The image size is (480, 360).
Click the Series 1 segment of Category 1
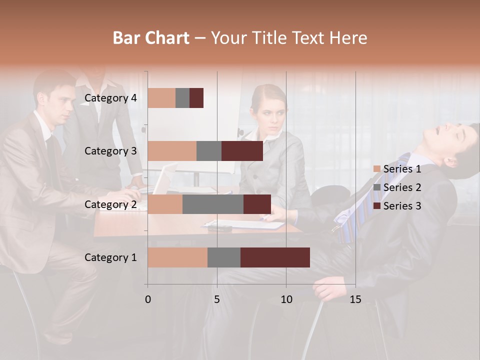(177, 257)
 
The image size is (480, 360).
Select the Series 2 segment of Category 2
(212, 204)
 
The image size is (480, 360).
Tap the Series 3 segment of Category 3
(242, 151)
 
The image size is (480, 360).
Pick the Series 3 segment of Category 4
(196, 98)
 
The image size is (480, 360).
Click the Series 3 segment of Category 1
(275, 257)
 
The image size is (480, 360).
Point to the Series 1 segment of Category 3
(172, 151)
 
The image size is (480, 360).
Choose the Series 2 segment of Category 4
(182, 98)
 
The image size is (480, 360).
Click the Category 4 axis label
(110, 98)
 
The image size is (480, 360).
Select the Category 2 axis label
(110, 204)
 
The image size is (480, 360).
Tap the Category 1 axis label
(110, 257)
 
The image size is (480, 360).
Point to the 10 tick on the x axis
(286, 299)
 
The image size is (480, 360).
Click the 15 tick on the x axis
(355, 299)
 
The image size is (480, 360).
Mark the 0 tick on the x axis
(148, 299)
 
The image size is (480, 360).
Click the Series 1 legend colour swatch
(377, 169)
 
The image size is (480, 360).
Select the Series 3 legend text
(402, 206)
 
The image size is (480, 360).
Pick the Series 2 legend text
(402, 187)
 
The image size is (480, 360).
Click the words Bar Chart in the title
(151, 38)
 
